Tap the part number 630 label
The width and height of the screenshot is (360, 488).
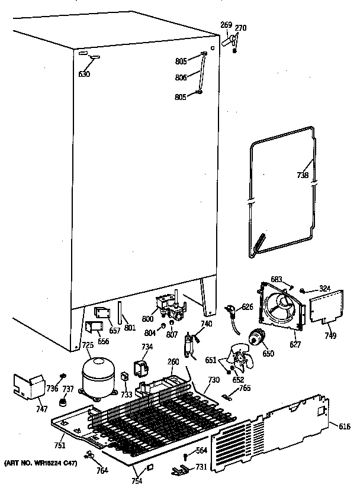[x=85, y=74]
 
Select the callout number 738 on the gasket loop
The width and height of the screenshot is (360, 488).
[x=303, y=174]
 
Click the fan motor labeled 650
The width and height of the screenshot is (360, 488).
[x=258, y=338]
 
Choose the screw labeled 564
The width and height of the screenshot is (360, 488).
[x=186, y=455]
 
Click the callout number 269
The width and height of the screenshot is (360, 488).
[x=226, y=25]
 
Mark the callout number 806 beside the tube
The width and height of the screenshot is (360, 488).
[x=181, y=77]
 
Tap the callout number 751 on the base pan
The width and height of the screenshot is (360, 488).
[x=60, y=445]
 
